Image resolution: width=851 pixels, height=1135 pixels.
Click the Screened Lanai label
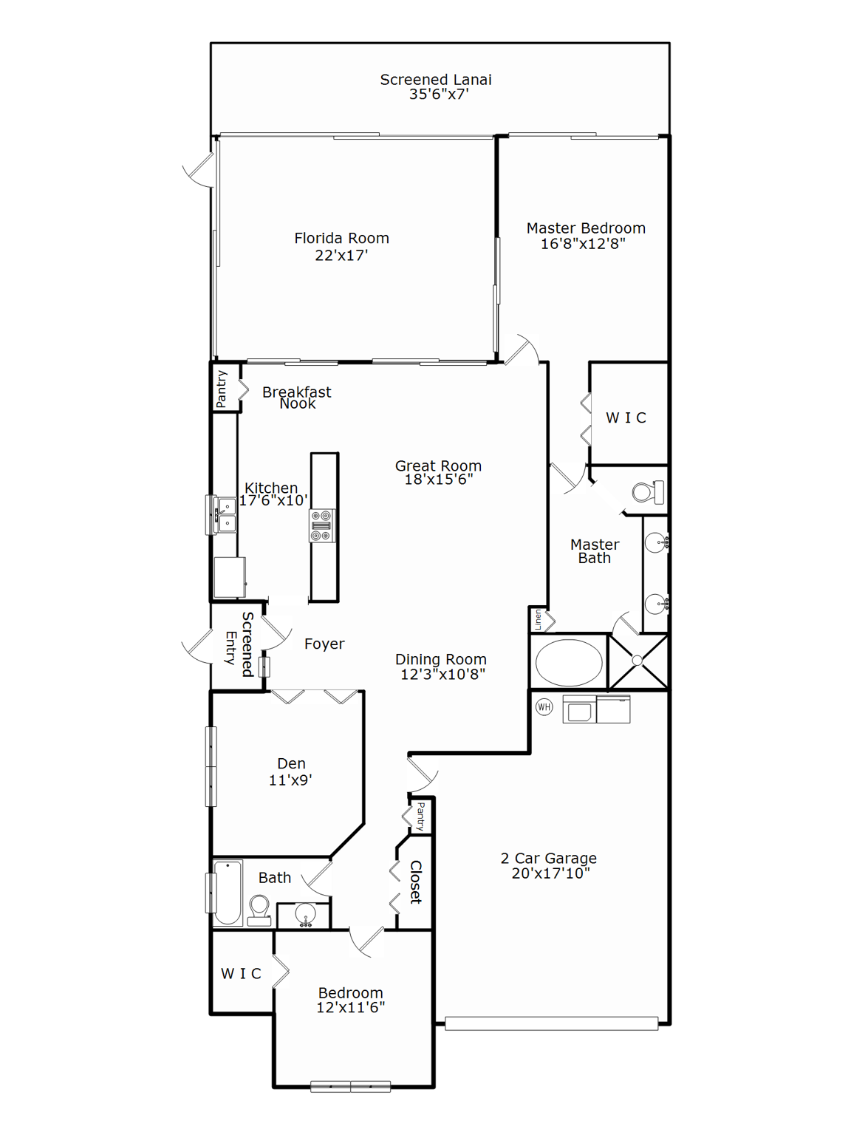pos(435,80)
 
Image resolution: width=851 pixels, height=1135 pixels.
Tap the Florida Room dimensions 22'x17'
pos(341,256)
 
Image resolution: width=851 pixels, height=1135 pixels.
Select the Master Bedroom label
pos(585,228)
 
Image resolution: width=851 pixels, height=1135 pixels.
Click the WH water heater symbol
pos(544,707)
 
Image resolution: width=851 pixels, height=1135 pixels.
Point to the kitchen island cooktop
pos(321,525)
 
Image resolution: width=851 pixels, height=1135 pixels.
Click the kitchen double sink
pos(225,515)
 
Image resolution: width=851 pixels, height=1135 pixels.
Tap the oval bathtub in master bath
pos(568,662)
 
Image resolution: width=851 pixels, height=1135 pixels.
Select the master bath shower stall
pos(638,661)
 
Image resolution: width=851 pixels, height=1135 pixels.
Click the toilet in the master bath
pos(647,492)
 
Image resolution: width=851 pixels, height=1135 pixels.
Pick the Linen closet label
pos(539,620)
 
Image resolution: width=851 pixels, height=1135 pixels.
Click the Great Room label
pos(438,466)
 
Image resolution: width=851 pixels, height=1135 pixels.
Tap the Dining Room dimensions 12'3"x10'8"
pos(442,674)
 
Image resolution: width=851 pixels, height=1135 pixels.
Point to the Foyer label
pos(324,644)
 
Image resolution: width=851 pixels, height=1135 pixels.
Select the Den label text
pos(291,763)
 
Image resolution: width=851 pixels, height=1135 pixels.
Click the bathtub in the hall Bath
pos(228,892)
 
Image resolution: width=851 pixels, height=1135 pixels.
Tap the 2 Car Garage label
pos(548,858)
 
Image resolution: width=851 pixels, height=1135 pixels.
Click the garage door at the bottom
pos(551,1023)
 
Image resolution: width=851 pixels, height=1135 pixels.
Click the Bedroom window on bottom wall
pos(350,1086)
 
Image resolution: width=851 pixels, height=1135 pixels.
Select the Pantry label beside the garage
pos(420,816)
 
